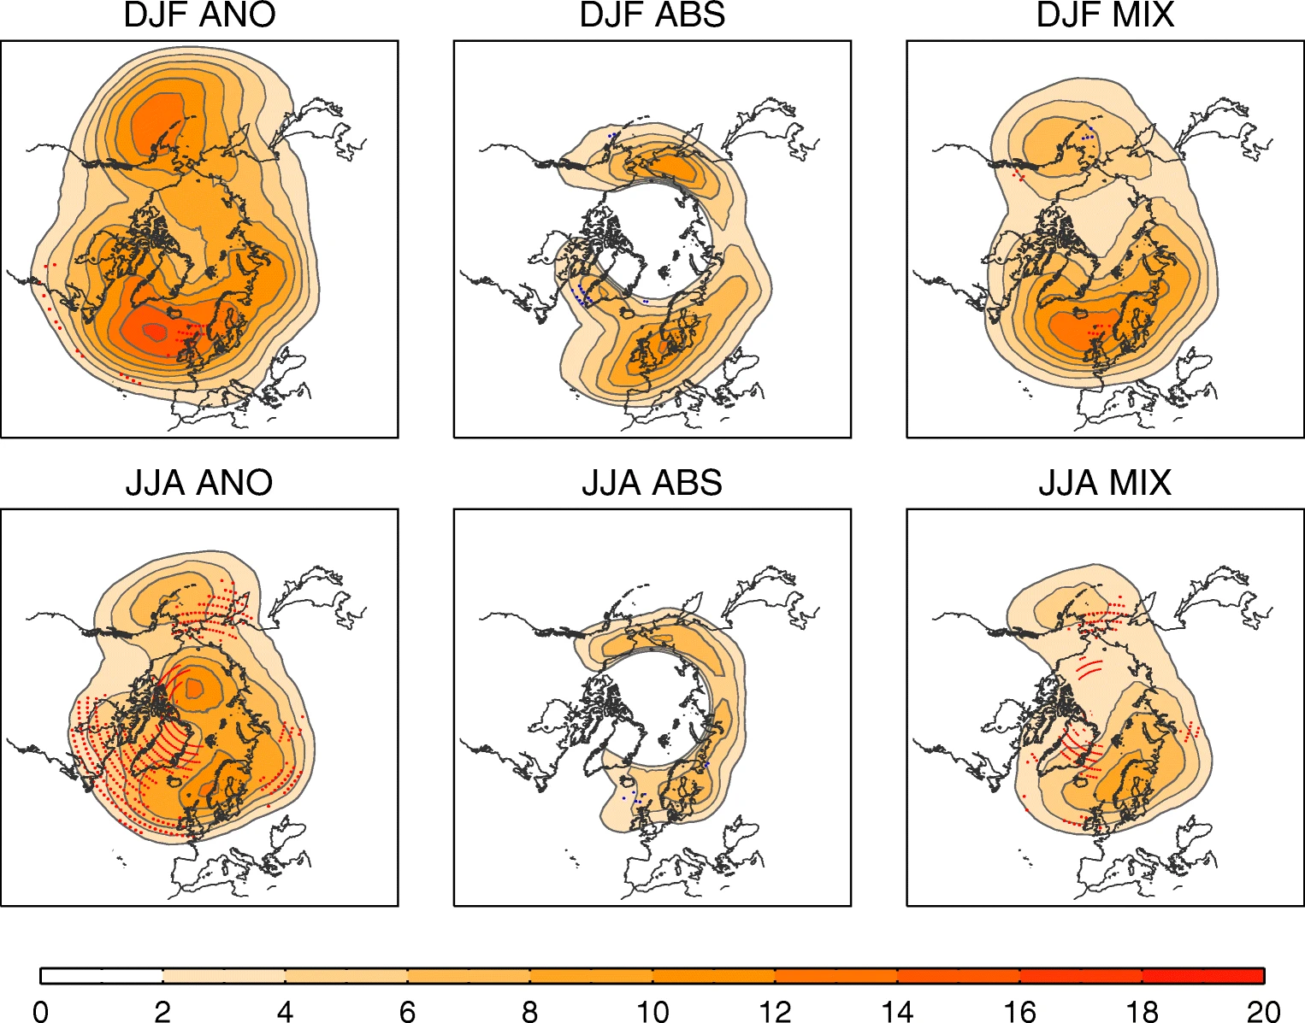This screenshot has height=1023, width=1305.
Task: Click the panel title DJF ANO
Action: pyautogui.click(x=199, y=15)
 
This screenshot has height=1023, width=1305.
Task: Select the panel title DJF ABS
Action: pyautogui.click(x=652, y=15)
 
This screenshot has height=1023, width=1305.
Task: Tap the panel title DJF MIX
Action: pyautogui.click(x=1105, y=15)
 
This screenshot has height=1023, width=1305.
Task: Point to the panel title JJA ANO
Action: pyautogui.click(x=199, y=483)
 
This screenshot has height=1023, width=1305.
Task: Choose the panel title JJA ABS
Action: pyautogui.click(x=652, y=483)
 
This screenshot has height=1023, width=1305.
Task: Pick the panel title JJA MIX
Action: pyautogui.click(x=1105, y=483)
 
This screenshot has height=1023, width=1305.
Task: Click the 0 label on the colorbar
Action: pyautogui.click(x=40, y=1012)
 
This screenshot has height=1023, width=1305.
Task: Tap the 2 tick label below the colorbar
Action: pyautogui.click(x=162, y=1012)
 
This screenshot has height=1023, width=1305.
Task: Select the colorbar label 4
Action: pyautogui.click(x=285, y=1012)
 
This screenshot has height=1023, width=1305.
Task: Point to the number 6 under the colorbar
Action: pyautogui.click(x=407, y=1012)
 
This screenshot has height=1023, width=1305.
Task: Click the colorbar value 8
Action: pyautogui.click(x=529, y=1012)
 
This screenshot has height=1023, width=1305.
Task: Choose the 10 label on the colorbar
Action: pyautogui.click(x=652, y=1012)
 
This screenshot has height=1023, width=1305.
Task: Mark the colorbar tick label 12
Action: pyautogui.click(x=775, y=1012)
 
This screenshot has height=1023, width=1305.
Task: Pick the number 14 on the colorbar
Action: pyautogui.click(x=897, y=1012)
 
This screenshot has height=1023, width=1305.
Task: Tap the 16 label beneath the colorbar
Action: pyautogui.click(x=1019, y=1012)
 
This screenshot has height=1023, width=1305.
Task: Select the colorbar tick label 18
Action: pyautogui.click(x=1142, y=1012)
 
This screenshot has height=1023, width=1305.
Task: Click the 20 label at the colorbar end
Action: pyautogui.click(x=1263, y=1012)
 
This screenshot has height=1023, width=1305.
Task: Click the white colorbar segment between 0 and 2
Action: pyautogui.click(x=102, y=976)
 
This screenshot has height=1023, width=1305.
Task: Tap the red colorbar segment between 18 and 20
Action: pyautogui.click(x=1202, y=976)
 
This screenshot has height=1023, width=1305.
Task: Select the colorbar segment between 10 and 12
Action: pyautogui.click(x=713, y=976)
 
